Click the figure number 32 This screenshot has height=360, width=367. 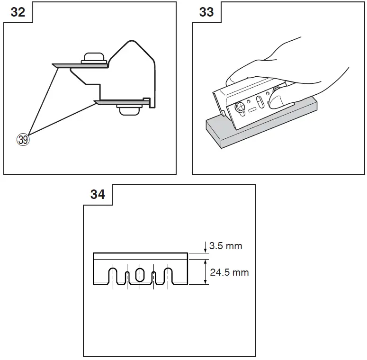18,12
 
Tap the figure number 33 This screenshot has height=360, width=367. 206,12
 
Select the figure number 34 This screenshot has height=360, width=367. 98,194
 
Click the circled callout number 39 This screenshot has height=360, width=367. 23,139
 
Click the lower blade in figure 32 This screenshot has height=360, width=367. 120,101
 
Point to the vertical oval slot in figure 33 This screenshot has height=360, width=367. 260,102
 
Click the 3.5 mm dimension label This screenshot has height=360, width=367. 225,246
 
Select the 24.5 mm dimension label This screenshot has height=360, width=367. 229,272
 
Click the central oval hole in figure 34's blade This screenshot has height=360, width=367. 140,274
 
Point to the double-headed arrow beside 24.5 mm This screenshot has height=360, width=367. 205,272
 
